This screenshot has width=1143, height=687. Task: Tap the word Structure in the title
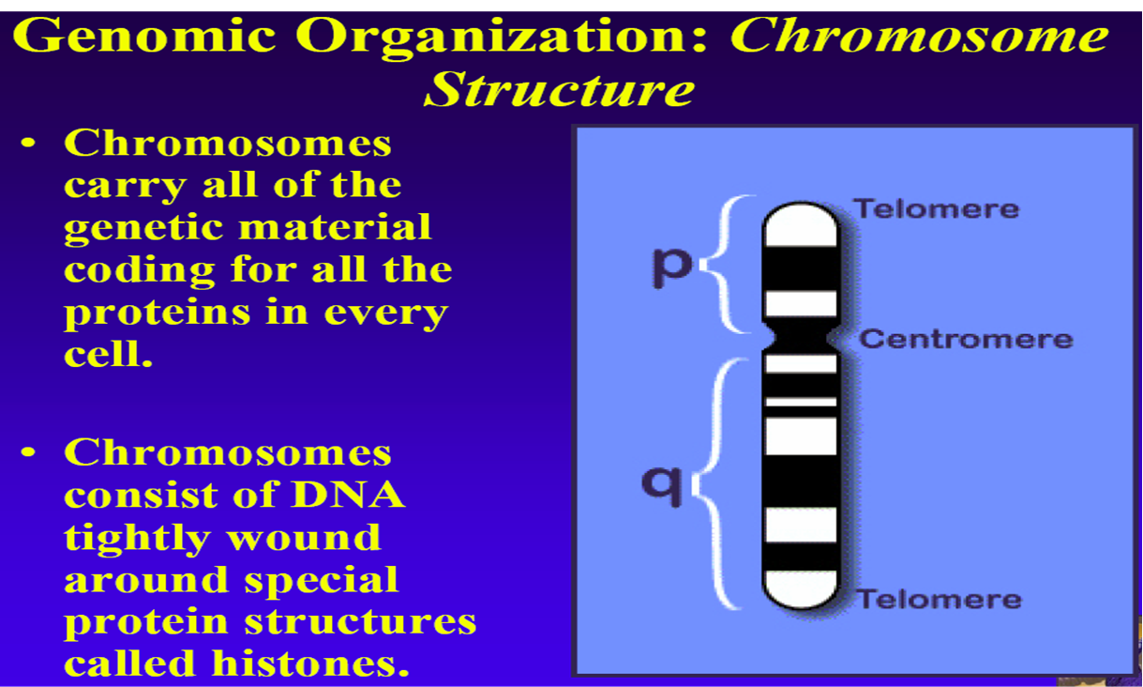point(559,90)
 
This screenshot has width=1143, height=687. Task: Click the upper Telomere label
point(936,208)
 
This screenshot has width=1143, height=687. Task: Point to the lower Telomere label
point(939,599)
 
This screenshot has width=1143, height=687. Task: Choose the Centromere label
point(966,339)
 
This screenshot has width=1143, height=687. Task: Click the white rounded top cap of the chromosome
point(800,225)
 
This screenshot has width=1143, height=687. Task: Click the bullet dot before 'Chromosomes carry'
point(31,145)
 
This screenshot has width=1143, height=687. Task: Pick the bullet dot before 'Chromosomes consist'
point(31,454)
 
